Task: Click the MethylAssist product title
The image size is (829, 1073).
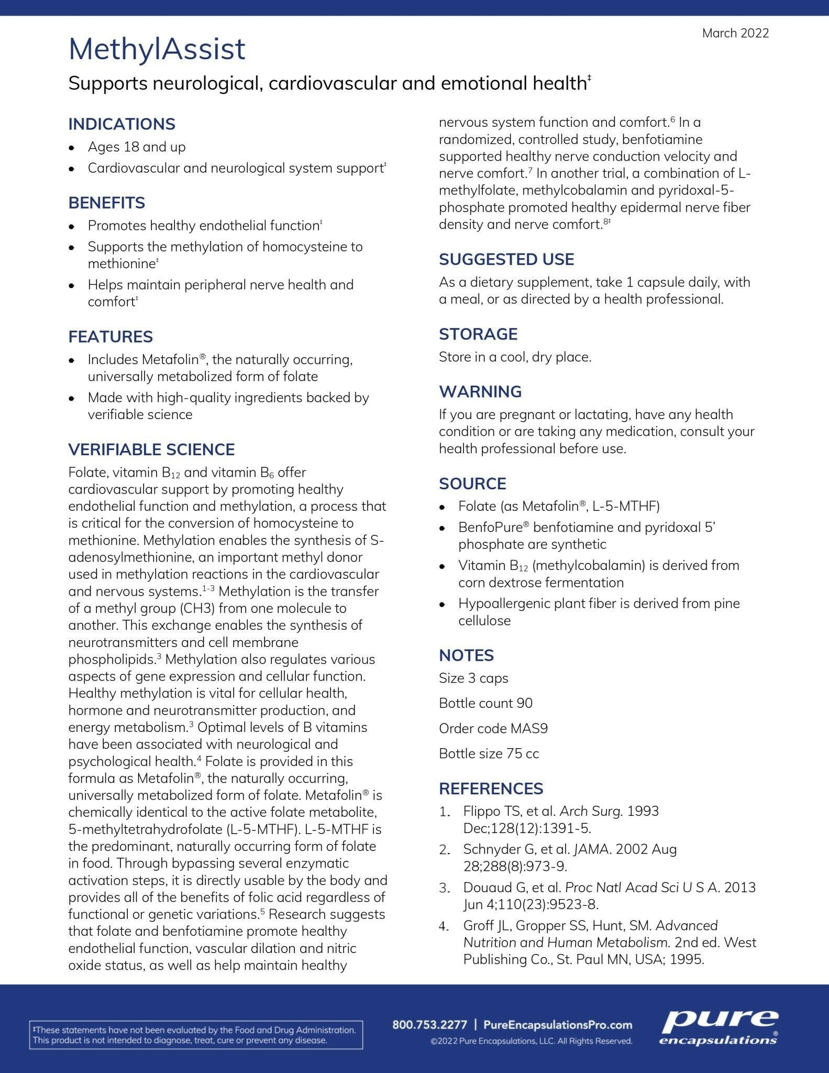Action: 157,49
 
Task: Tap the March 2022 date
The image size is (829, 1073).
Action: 735,33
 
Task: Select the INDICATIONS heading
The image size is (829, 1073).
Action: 121,124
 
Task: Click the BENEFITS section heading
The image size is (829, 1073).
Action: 106,203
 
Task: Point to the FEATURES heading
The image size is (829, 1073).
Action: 110,336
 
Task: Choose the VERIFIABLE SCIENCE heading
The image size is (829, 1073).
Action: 151,450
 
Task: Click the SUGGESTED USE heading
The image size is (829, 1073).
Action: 506,259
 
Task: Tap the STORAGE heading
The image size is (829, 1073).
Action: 478,334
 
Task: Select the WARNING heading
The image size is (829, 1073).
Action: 480,391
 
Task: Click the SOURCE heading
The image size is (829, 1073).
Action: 472,484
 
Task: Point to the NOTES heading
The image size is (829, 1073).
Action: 466,655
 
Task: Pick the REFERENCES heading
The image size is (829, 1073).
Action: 491,789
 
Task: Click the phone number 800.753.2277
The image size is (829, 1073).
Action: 429,1025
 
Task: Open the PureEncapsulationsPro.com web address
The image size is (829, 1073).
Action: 557,1025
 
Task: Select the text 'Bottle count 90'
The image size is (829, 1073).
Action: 485,703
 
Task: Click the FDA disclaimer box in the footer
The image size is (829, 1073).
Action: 195,1035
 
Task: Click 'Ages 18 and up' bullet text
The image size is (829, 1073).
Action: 137,147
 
